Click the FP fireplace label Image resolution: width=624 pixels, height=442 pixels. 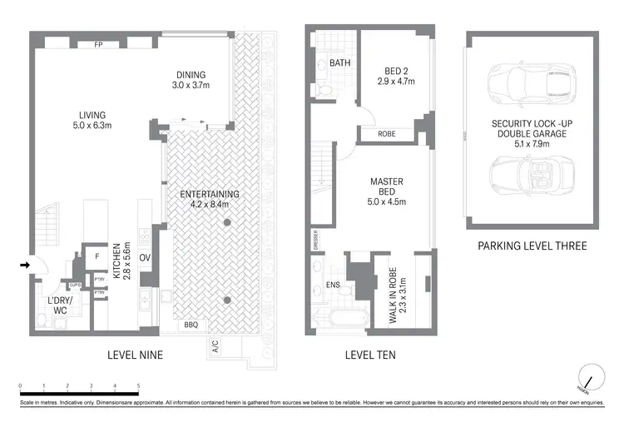pyautogui.click(x=98, y=44)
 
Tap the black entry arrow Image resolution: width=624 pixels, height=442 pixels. pyautogui.click(x=24, y=266)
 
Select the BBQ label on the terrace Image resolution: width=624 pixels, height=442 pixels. pyautogui.click(x=191, y=325)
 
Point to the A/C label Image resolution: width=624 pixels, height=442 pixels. pyautogui.click(x=215, y=346)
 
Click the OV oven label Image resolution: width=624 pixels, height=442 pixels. pyautogui.click(x=144, y=258)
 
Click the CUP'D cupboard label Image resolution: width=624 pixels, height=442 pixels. pyautogui.click(x=74, y=285)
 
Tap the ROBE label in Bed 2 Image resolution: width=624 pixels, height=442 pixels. pyautogui.click(x=386, y=133)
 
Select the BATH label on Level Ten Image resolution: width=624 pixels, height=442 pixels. pyautogui.click(x=339, y=63)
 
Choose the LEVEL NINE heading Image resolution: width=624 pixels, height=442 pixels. pyautogui.click(x=135, y=355)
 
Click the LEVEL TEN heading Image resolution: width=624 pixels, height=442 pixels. pyautogui.click(x=370, y=355)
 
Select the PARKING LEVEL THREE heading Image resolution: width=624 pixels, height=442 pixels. pyautogui.click(x=532, y=246)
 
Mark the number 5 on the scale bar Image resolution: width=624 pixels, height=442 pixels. pyautogui.click(x=138, y=385)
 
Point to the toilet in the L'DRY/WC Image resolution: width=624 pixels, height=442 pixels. pyautogui.click(x=42, y=320)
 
